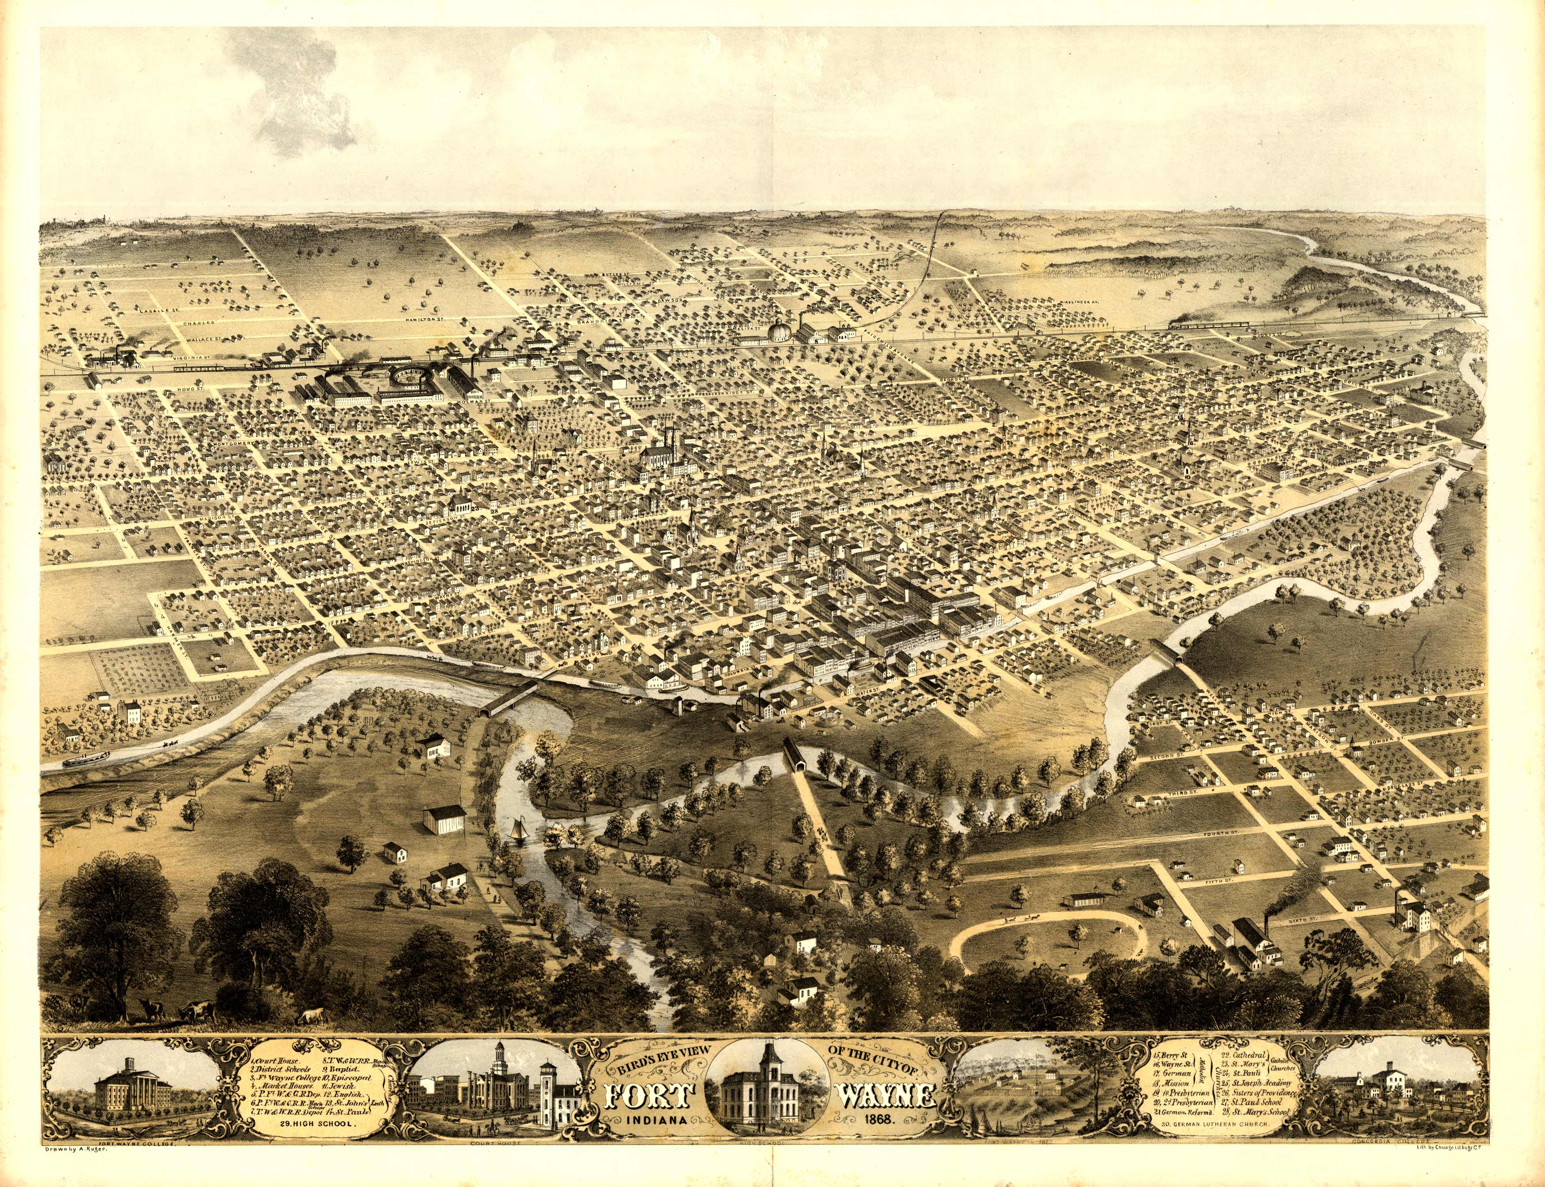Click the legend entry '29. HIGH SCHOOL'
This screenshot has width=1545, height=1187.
pos(316,1122)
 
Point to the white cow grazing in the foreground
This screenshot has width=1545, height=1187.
pos(311,1017)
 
